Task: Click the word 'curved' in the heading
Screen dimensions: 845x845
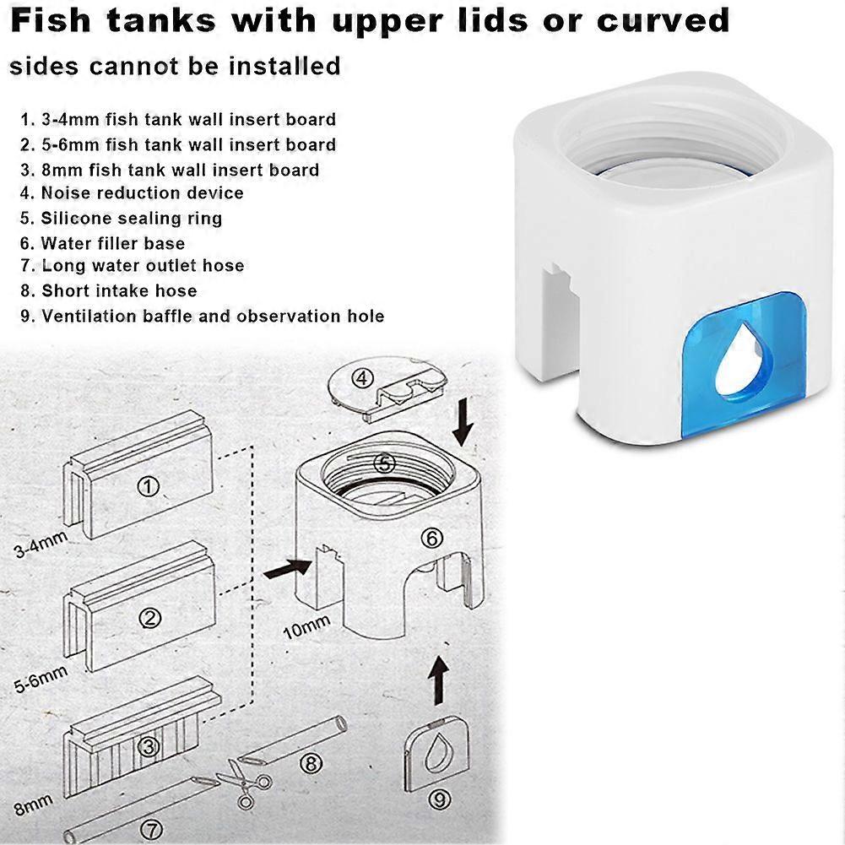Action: point(663,20)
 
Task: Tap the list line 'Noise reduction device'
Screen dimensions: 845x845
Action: point(132,193)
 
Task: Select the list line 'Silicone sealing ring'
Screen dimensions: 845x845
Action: point(122,219)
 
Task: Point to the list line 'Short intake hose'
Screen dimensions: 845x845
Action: point(109,291)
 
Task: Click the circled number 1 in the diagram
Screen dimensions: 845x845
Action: point(149,486)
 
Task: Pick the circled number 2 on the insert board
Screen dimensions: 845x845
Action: point(150,618)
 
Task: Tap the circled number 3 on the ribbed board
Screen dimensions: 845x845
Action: point(149,747)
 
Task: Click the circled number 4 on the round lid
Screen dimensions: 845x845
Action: point(362,378)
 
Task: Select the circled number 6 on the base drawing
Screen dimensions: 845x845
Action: point(431,538)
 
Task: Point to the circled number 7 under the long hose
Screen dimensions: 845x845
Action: point(151,831)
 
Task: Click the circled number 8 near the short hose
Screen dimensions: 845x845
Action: point(311,763)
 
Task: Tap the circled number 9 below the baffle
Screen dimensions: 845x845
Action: point(439,799)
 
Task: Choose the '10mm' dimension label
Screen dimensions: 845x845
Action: point(306,627)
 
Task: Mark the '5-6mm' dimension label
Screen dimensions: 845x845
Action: point(41,679)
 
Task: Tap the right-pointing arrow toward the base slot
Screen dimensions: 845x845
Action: point(287,569)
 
